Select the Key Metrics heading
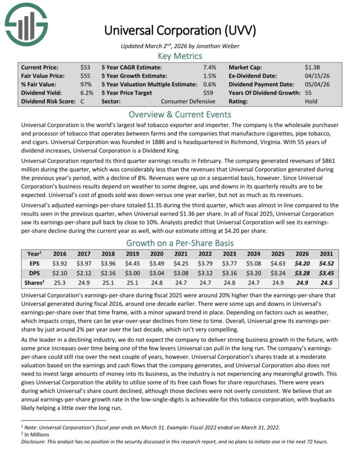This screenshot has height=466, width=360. tap(180, 56)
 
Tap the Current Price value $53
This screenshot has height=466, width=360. tap(85, 67)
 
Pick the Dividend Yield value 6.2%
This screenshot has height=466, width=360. tap(87, 93)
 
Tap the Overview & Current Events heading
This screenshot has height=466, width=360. tap(180, 114)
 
